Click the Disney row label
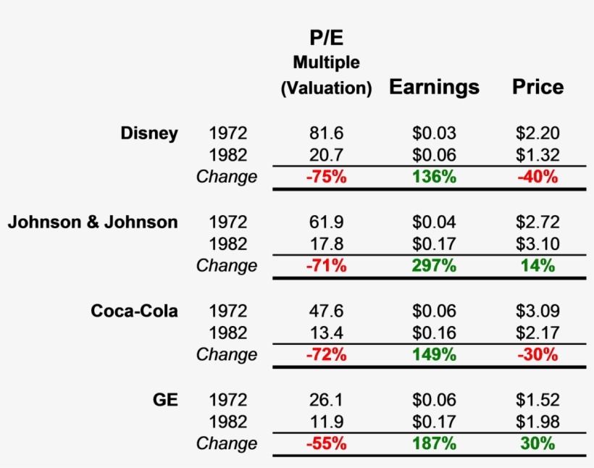tap(149, 133)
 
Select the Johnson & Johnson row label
tap(93, 222)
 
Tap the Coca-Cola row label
tap(134, 311)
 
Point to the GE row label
tap(166, 400)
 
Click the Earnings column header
tap(434, 88)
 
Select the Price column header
tap(537, 88)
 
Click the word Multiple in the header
tap(326, 63)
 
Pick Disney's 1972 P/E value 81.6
tap(326, 133)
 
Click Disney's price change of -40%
tap(537, 177)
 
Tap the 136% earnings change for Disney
tap(434, 177)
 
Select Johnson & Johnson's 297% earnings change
tap(434, 266)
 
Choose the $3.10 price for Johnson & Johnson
tap(537, 244)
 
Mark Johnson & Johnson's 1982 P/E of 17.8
tap(326, 244)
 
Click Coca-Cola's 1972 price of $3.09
tap(537, 311)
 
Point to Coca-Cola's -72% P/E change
tap(326, 355)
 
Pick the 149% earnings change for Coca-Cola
tap(434, 355)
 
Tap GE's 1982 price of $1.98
tap(537, 422)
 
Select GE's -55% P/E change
tap(326, 443)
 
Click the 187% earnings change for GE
tap(434, 443)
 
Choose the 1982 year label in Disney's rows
tap(227, 155)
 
